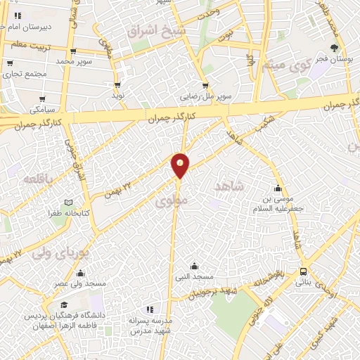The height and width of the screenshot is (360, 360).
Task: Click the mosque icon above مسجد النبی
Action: [195, 266]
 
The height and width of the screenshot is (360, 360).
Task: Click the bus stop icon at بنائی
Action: [303, 271]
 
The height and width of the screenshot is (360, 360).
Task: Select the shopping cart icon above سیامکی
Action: [44, 99]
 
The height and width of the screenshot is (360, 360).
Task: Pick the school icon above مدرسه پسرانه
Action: [149, 309]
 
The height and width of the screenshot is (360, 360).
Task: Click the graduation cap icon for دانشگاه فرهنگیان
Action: [65, 306]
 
